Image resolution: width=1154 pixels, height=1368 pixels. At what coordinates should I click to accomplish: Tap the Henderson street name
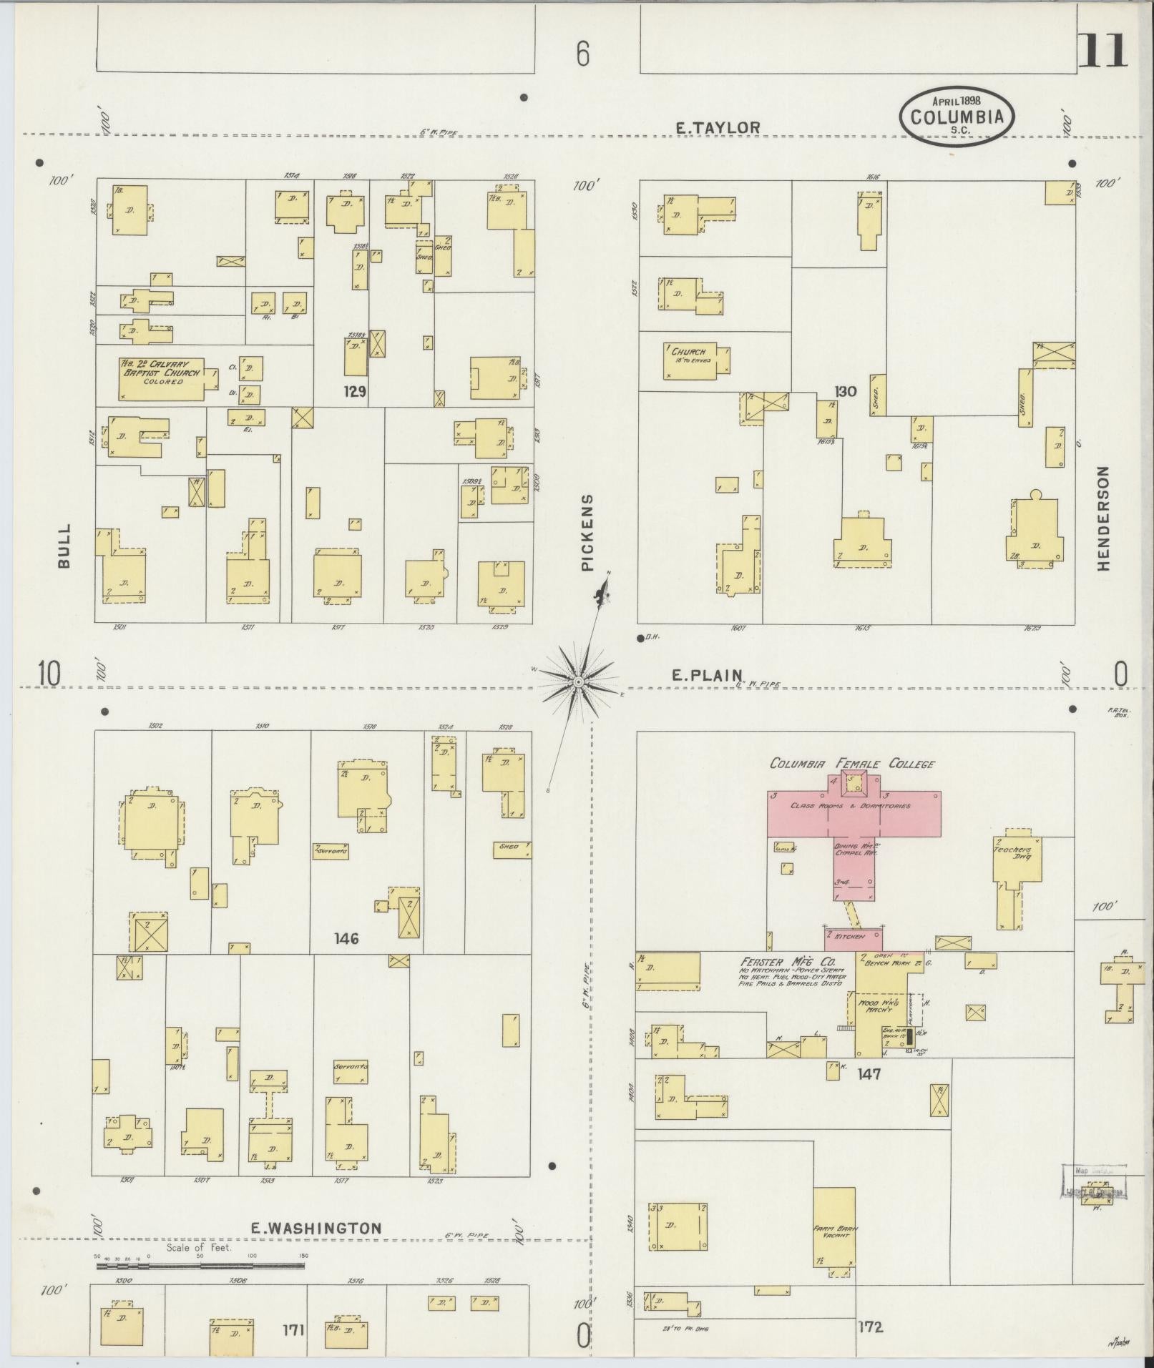pyautogui.click(x=1102, y=518)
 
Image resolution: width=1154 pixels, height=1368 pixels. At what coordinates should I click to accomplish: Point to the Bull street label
pyautogui.click(x=64, y=546)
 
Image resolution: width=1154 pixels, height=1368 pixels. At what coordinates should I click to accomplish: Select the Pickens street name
pyautogui.click(x=587, y=532)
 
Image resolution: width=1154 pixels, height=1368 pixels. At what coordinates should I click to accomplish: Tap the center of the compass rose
pyautogui.click(x=577, y=682)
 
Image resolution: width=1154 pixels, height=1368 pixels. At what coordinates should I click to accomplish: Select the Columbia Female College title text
pyautogui.click(x=851, y=764)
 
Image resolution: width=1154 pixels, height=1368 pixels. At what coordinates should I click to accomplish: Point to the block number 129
pyautogui.click(x=355, y=391)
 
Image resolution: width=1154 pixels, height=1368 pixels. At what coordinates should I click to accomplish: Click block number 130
pyautogui.click(x=845, y=391)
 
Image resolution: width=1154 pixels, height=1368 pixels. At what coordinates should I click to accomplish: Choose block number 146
pyautogui.click(x=346, y=938)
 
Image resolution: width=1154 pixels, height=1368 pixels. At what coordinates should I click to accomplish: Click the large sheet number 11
pyautogui.click(x=1102, y=51)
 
